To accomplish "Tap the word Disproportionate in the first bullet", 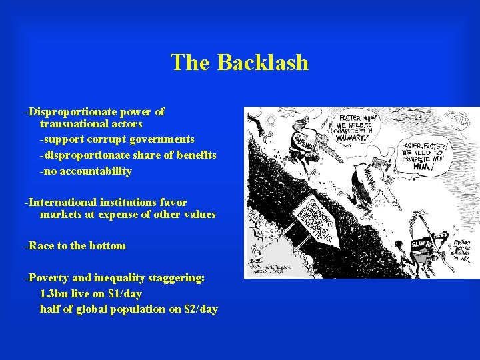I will pos(63,112).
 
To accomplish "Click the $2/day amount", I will pos(199,309).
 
